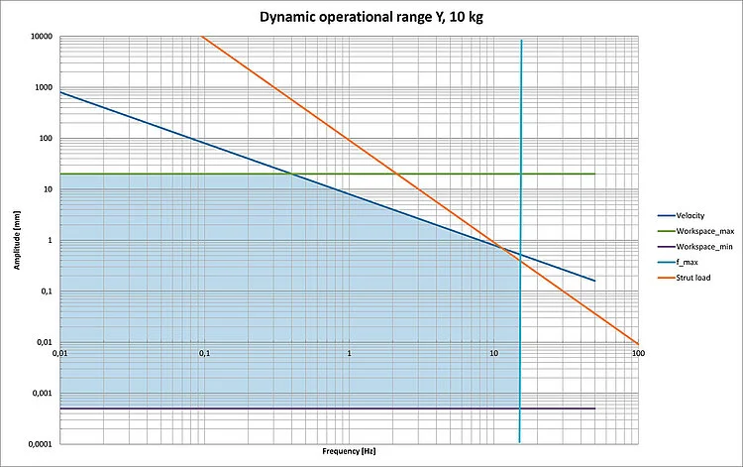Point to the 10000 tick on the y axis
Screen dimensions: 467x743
[x=41, y=38]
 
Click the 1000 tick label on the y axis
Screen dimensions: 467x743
[x=43, y=88]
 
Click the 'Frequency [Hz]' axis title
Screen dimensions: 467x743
[x=349, y=452]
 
